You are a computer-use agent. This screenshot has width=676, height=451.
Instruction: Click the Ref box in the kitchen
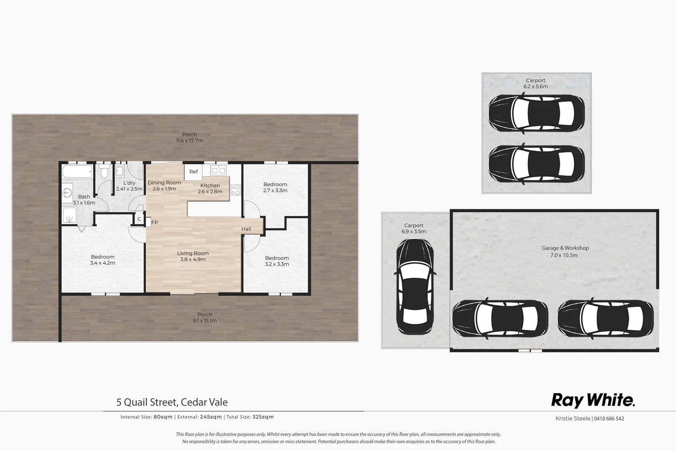pos(193,172)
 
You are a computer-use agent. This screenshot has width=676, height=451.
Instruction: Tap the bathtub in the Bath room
pos(77,171)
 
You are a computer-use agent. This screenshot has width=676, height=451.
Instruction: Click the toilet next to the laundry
pos(104,172)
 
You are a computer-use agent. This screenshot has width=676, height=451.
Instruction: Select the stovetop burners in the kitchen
pos(236,190)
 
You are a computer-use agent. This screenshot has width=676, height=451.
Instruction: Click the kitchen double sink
pos(219,170)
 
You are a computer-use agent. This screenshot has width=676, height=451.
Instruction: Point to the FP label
pos(155,223)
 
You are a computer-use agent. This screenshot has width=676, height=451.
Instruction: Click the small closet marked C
pos(139,219)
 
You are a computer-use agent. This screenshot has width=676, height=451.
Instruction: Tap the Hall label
pos(246,229)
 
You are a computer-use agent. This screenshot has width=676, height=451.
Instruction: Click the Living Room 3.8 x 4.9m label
pos(193,256)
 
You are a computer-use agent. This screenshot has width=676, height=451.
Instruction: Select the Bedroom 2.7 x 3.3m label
pos(275,187)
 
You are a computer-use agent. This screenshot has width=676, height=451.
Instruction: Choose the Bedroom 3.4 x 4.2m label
pos(102,260)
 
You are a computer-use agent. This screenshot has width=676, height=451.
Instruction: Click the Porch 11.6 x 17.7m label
pos(189,137)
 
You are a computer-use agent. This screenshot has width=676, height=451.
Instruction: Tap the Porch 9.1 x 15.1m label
pos(205,317)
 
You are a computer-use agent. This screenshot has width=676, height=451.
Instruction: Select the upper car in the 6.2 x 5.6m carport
pos(536,114)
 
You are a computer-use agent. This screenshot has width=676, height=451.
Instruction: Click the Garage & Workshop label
pos(565,251)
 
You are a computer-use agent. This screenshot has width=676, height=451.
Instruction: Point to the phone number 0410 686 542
pos(609,418)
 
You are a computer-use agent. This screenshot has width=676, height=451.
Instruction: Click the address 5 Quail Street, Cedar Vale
pos(172,402)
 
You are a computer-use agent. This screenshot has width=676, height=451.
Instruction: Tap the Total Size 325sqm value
pos(263,417)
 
